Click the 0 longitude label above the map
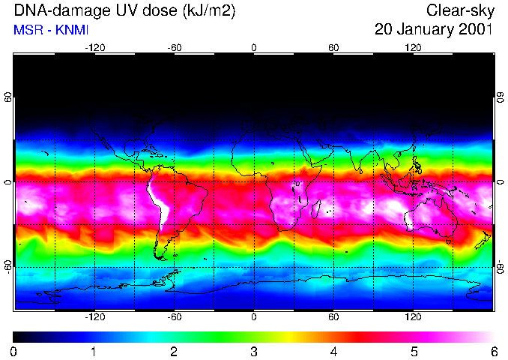click(x=254, y=48)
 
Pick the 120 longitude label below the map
click(x=413, y=317)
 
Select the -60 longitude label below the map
click(x=174, y=317)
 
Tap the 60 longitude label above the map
click(x=333, y=48)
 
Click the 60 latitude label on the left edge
click(x=8, y=97)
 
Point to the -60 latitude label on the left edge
click(x=8, y=266)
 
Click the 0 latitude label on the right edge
click(x=500, y=182)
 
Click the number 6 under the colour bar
click(x=494, y=351)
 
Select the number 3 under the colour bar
click(x=253, y=351)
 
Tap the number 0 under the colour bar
click(x=14, y=351)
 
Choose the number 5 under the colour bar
click(x=414, y=351)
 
